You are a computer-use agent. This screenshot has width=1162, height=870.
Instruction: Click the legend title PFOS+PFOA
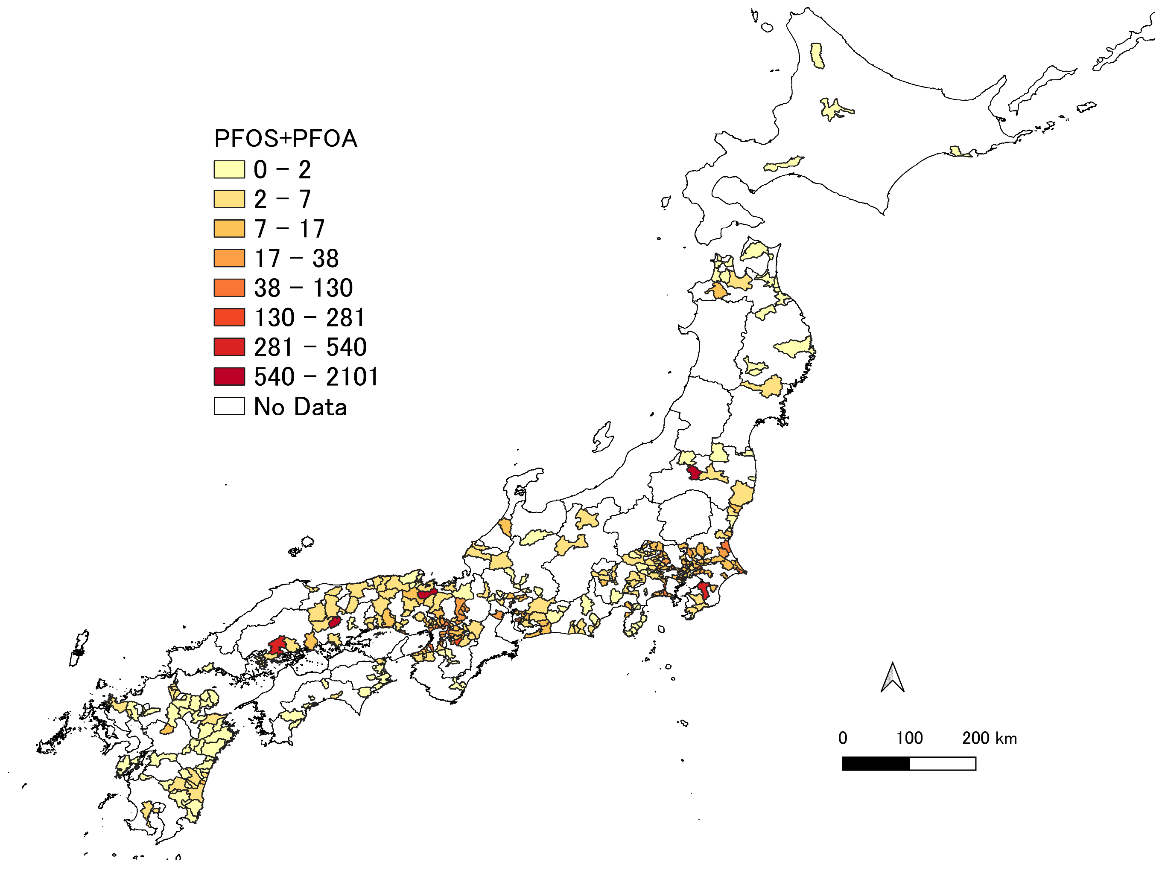click(x=285, y=139)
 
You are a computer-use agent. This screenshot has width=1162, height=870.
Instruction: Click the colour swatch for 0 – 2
click(x=229, y=169)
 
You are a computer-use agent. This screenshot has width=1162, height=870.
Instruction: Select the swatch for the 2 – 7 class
click(x=229, y=199)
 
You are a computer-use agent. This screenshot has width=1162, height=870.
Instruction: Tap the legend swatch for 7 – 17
click(x=229, y=228)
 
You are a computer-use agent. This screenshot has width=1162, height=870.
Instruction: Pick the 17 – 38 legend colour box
click(x=229, y=258)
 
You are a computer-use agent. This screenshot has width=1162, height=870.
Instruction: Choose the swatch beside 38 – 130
click(x=229, y=288)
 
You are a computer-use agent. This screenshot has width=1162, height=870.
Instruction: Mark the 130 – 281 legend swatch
click(x=229, y=317)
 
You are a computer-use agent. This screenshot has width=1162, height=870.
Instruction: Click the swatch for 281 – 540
click(x=229, y=347)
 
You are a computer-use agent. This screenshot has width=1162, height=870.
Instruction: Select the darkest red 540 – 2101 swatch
click(x=229, y=376)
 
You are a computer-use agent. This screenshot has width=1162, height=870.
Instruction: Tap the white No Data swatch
click(x=229, y=406)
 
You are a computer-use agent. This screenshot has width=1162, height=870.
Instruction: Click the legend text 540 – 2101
click(x=316, y=377)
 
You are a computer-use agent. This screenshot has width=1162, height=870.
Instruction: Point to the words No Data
click(x=300, y=407)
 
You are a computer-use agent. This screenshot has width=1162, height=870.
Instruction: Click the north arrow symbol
click(x=892, y=678)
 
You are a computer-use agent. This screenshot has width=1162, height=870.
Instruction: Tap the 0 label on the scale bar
click(x=843, y=738)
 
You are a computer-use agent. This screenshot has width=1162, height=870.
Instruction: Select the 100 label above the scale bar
click(x=909, y=738)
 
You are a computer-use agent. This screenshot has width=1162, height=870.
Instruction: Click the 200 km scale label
click(x=989, y=738)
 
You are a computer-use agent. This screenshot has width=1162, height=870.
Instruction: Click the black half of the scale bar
click(x=876, y=764)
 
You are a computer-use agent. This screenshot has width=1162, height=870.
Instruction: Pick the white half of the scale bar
click(x=943, y=764)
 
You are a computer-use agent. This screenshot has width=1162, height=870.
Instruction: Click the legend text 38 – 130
click(x=303, y=288)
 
